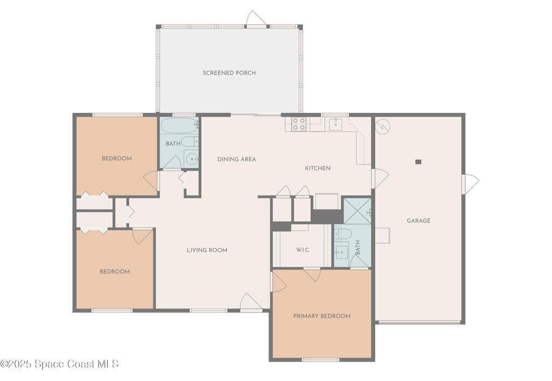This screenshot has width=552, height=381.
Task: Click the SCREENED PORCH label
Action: tap(229, 73)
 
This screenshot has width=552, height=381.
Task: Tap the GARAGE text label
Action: tap(418, 221)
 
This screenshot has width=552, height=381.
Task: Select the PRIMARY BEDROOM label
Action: tap(322, 316)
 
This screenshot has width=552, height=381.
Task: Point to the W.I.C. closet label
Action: tap(303, 250)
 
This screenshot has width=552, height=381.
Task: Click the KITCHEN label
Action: tap(318, 168)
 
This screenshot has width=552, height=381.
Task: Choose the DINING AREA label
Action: tap(237, 159)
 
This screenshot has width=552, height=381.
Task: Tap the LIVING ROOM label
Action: tap(207, 250)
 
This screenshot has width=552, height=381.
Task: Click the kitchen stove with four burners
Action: tap(299, 124)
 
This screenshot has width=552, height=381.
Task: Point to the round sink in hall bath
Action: tap(191, 159)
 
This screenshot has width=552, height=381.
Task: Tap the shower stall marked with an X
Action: tap(357, 211)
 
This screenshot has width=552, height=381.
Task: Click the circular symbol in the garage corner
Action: tap(383, 126)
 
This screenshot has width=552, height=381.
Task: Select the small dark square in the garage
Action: tap(418, 162)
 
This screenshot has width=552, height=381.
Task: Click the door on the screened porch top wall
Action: tap(256, 19)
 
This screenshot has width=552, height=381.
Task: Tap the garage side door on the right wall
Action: tap(470, 183)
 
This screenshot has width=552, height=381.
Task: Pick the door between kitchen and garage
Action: tap(380, 178)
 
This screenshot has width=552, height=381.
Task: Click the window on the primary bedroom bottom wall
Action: tap(320, 360)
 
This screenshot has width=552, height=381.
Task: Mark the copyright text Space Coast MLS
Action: tap(60, 364)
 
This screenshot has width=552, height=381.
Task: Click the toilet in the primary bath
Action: tap(342, 233)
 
